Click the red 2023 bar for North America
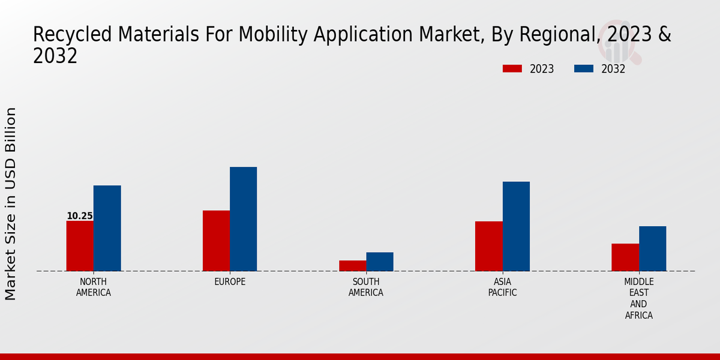pyautogui.click(x=80, y=246)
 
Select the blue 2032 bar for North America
pyautogui.click(x=107, y=228)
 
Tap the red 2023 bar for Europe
pyautogui.click(x=216, y=241)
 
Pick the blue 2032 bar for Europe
pyautogui.click(x=243, y=219)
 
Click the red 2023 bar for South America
pyautogui.click(x=352, y=266)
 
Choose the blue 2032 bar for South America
pyautogui.click(x=380, y=262)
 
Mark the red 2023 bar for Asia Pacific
pyautogui.click(x=488, y=246)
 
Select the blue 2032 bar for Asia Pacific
pyautogui.click(x=516, y=226)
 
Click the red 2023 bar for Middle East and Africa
pyautogui.click(x=625, y=257)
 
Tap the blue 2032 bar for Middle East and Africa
pyautogui.click(x=652, y=248)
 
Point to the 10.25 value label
pyautogui.click(x=79, y=216)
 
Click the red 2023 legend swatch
pyautogui.click(x=512, y=69)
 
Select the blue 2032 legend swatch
pyautogui.click(x=583, y=69)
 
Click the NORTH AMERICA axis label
pyautogui.click(x=94, y=287)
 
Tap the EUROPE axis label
pyautogui.click(x=230, y=282)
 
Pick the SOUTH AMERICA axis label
pyautogui.click(x=366, y=287)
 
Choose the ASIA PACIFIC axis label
pyautogui.click(x=502, y=287)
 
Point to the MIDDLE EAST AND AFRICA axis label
pyautogui.click(x=639, y=298)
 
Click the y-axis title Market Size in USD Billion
pyautogui.click(x=11, y=204)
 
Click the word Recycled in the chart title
pyautogui.click(x=62, y=35)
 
